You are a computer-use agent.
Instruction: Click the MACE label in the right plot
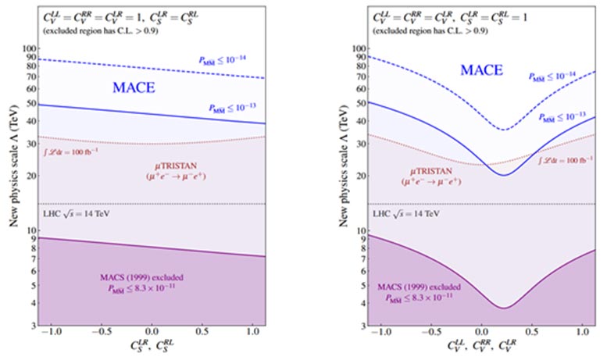pos(481,71)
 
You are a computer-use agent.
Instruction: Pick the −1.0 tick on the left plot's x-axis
pos(54,332)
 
